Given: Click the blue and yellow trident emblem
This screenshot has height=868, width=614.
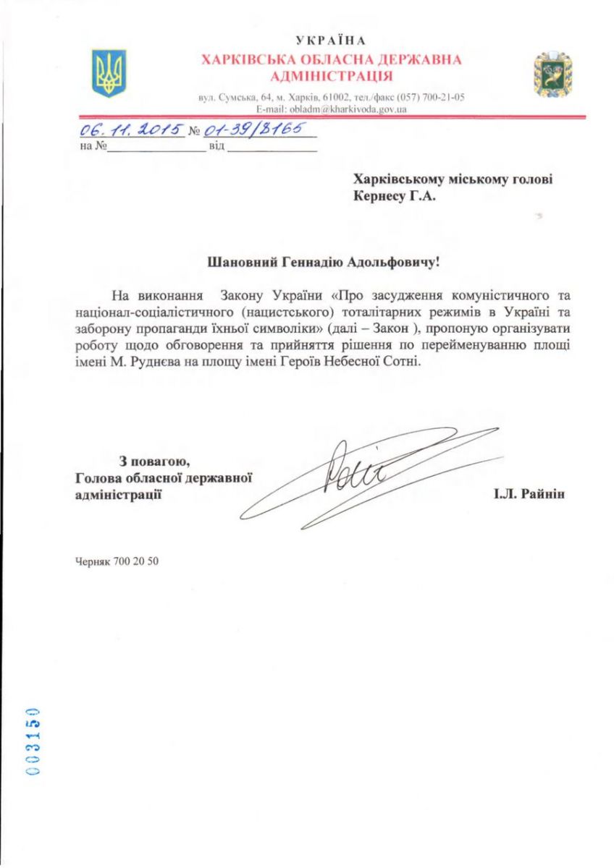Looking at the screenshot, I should tap(109, 72).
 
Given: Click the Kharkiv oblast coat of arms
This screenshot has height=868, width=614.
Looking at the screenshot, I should tap(553, 74).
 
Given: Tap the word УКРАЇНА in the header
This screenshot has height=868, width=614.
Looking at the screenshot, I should tap(332, 40).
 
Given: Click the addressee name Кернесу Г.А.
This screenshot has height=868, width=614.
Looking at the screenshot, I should tap(394, 195).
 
